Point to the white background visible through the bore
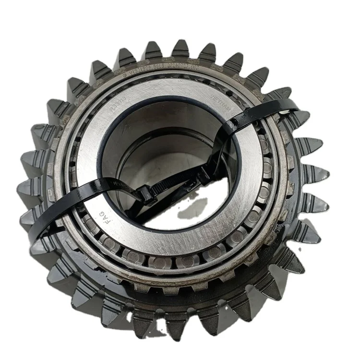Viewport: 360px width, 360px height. (x=187, y=211)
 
